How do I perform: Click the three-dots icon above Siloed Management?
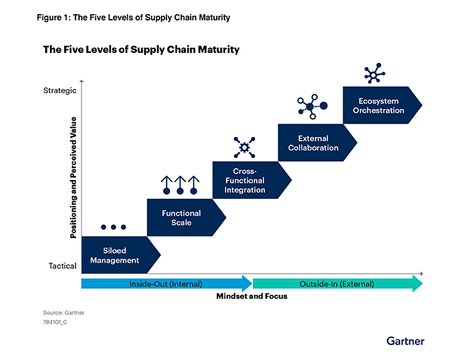coord(114,227)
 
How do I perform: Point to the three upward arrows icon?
coord(180,185)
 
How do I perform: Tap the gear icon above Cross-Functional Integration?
coord(244,148)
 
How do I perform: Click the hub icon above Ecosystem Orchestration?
coord(374,73)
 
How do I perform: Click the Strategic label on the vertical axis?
coord(60,90)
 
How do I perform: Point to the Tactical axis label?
coord(62,266)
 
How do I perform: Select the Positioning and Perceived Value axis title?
coord(73,178)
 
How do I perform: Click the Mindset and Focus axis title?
coord(252,296)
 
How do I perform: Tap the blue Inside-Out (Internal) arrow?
coord(167,284)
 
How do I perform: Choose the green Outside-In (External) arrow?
coord(337,284)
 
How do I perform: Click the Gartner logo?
coord(405,341)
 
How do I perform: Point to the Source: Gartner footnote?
coord(64,313)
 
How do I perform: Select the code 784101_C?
coord(55,322)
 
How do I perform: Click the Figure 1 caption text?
coord(133,18)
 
